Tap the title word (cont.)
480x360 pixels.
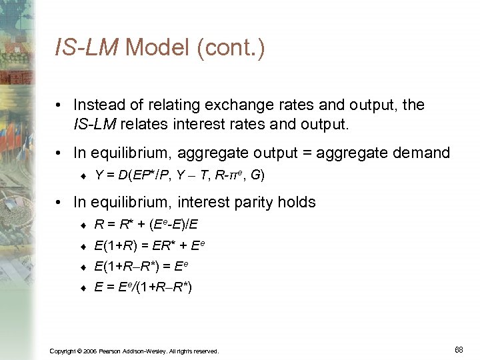229,48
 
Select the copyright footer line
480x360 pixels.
134,351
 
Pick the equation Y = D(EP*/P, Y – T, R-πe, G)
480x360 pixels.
180,175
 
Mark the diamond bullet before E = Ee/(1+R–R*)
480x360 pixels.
84,289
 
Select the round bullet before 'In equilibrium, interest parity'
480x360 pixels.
61,202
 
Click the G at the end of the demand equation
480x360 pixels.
255,175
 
